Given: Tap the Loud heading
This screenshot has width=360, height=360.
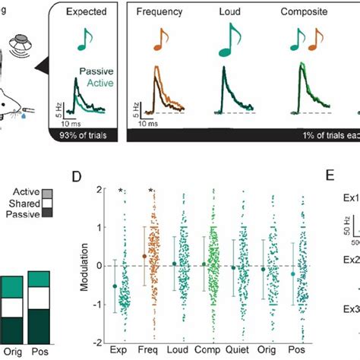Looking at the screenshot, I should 229,13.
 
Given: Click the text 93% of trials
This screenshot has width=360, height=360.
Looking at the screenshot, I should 84,135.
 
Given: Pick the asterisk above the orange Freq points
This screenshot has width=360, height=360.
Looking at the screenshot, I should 151,191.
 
